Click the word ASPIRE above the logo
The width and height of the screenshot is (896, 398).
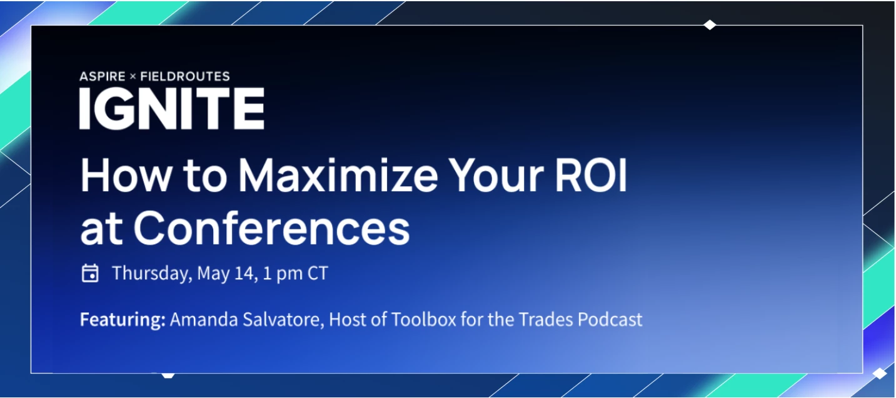(103, 76)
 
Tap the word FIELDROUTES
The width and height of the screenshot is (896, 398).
(185, 76)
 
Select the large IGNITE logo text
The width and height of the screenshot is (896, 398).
(172, 109)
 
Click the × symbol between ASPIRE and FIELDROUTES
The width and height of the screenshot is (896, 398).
(133, 77)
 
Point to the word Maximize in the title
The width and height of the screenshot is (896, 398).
(338, 176)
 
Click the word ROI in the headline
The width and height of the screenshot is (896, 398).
(591, 176)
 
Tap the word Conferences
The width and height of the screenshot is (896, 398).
(271, 229)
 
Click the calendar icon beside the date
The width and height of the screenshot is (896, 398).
(90, 273)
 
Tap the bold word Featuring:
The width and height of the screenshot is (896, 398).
(123, 320)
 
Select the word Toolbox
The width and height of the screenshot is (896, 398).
(423, 320)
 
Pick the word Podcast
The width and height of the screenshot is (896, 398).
(610, 320)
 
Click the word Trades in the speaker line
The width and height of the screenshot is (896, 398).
(546, 320)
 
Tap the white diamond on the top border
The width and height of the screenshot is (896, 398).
(710, 25)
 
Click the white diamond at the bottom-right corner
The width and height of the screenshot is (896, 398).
(880, 373)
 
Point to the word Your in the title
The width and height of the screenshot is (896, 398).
(496, 176)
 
